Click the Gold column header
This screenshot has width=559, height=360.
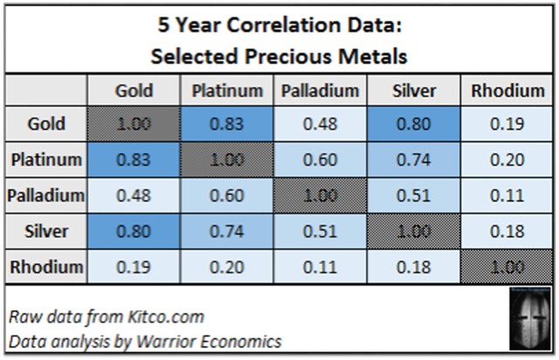coord(134,91)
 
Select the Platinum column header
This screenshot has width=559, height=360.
coord(227,91)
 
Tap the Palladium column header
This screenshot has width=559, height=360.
coord(320,91)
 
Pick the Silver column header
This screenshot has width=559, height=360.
coord(413,91)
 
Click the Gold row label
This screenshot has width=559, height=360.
coord(45,124)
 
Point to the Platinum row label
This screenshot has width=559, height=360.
coord(45,160)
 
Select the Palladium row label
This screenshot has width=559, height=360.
coord(45,196)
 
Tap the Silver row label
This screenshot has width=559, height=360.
coord(45,232)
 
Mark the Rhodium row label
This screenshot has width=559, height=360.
coord(45,267)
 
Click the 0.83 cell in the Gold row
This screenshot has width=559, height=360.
coord(227,124)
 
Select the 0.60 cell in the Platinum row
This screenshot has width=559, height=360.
coord(320,160)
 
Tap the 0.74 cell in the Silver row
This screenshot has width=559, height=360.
coord(227,232)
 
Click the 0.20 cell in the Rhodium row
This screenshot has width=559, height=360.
coord(227,267)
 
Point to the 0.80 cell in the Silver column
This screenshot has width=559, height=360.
coord(413,124)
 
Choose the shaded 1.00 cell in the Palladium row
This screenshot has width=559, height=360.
coord(320,196)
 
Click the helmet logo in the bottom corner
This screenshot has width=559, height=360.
coord(528,320)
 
